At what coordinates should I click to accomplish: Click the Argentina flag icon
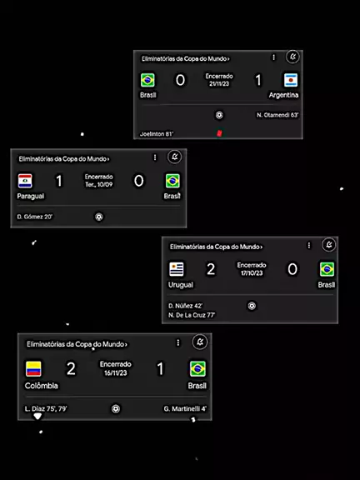click(x=291, y=80)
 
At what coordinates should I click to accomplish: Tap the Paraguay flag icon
click(x=25, y=181)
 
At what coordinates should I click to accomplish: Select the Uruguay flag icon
click(x=177, y=269)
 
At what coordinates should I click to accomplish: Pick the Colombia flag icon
click(x=33, y=369)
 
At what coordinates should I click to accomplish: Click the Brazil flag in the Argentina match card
click(x=147, y=80)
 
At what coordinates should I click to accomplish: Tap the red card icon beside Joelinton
click(x=219, y=132)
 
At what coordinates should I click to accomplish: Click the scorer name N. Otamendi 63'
click(x=277, y=115)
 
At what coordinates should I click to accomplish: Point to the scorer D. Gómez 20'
click(x=35, y=217)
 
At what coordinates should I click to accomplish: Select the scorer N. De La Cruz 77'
click(x=192, y=315)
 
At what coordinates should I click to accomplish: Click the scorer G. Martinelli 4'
click(x=185, y=408)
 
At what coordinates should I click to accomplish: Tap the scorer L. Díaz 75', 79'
click(x=46, y=408)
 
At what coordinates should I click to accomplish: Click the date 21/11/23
click(x=219, y=84)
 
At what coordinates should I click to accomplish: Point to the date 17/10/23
click(x=252, y=273)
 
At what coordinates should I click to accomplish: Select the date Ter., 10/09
click(x=99, y=185)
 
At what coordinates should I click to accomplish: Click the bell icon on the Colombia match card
click(x=200, y=342)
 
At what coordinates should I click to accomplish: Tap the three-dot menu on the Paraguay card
click(x=155, y=157)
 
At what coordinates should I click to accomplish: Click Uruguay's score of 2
click(x=211, y=269)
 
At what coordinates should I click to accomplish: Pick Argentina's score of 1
click(x=258, y=80)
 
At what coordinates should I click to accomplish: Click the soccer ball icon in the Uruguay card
click(x=252, y=306)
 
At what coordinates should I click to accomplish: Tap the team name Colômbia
click(x=42, y=386)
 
